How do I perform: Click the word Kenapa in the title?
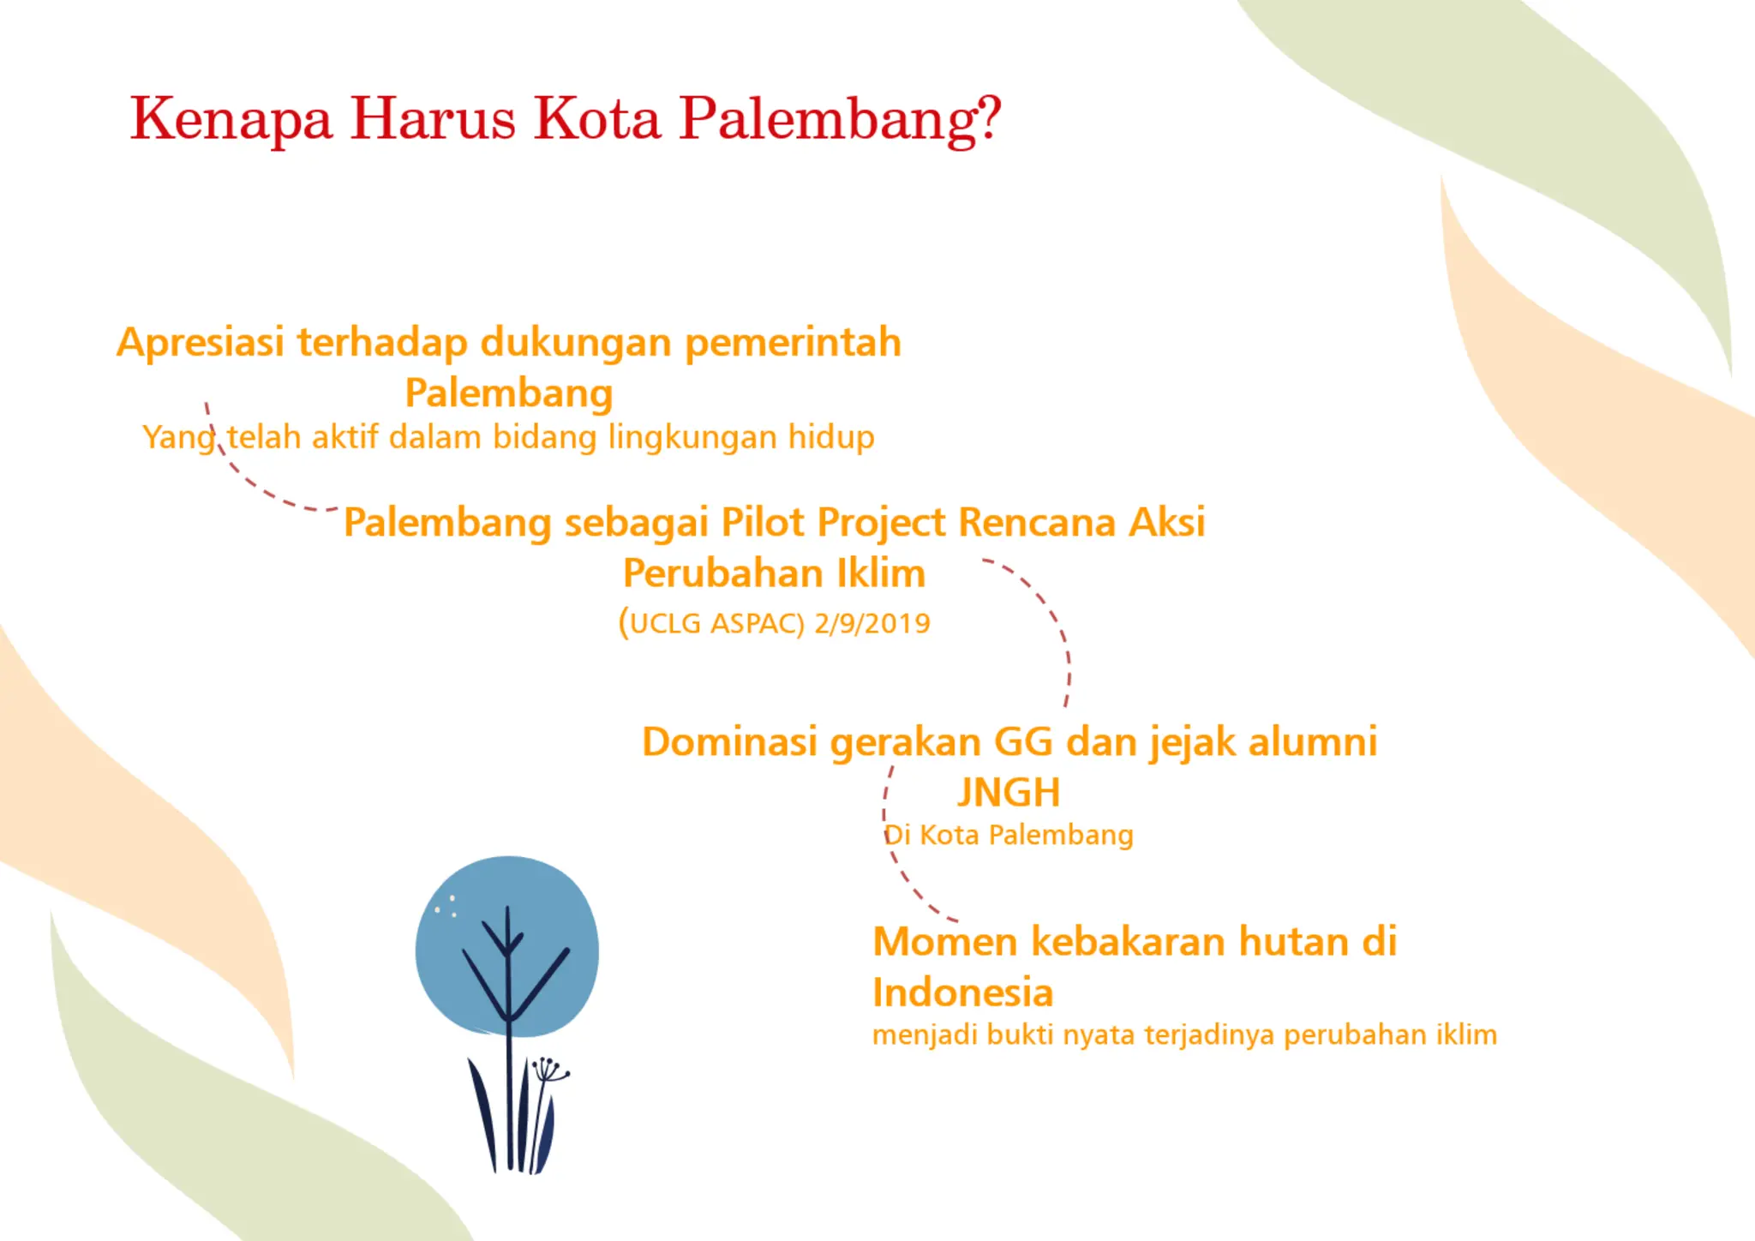tap(231, 118)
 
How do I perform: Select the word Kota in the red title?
tap(597, 118)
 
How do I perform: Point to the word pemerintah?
tap(793, 343)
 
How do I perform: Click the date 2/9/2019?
tap(872, 623)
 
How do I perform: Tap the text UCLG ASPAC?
tap(716, 623)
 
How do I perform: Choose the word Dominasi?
tap(729, 742)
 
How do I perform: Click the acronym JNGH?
tap(1009, 793)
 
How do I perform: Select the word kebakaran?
tap(1129, 942)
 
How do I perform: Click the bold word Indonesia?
tap(962, 993)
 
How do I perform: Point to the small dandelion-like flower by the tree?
tap(548, 1071)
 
